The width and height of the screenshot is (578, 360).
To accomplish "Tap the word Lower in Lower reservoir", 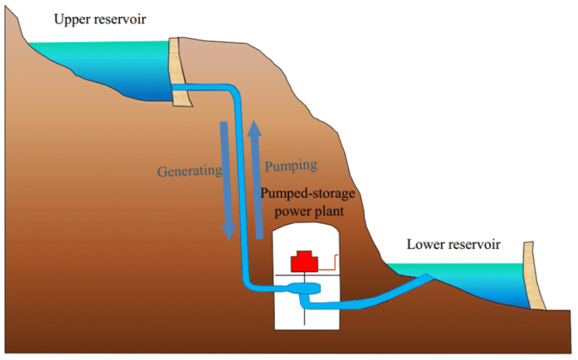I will point(422,244).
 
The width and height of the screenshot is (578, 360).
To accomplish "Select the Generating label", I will point(190,172).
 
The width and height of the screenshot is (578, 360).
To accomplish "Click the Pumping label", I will point(291,166).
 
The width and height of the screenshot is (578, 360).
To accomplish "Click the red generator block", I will point(303,261).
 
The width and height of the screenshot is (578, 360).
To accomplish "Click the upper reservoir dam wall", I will point(178,71).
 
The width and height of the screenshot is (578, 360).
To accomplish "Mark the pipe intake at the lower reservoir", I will point(426,277).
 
